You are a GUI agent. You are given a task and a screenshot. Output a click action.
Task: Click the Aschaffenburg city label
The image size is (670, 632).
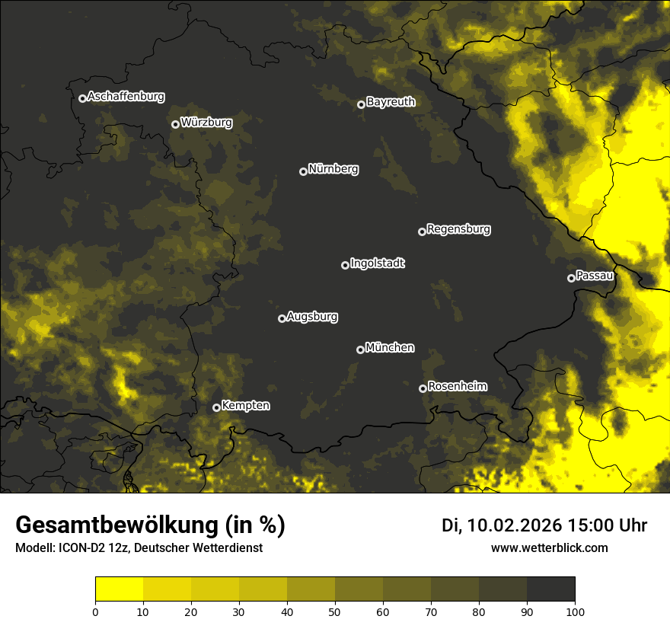coord(126,97)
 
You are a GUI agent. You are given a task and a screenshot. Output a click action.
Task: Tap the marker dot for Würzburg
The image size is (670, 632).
coord(175,124)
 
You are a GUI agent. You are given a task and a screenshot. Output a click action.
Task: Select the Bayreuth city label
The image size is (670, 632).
coord(391,102)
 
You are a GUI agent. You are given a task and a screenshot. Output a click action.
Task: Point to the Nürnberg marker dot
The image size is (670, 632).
coord(303,171)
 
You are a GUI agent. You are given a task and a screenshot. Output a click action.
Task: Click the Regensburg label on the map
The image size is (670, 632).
coord(458,229)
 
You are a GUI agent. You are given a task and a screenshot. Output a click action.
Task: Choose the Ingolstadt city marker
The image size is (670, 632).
coord(345,265)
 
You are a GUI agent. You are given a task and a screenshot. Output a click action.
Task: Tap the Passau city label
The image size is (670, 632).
coord(595,276)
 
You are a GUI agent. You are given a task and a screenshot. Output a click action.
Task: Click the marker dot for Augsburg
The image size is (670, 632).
coord(282,318)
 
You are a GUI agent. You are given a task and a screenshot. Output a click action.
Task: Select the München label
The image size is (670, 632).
coord(390,348)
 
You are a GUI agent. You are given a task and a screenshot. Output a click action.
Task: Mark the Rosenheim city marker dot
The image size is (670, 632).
coord(423,388)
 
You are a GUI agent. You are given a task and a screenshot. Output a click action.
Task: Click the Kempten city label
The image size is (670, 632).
coord(245,406)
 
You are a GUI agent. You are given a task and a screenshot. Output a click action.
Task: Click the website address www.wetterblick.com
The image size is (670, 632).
coord(549,547)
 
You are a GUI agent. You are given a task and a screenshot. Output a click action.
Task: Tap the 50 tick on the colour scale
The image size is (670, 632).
coord(335,611)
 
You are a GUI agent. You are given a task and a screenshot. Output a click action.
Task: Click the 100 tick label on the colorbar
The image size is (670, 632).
coord(575,611)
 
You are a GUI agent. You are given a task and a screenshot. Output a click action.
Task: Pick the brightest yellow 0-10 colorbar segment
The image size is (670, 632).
coord(119,589)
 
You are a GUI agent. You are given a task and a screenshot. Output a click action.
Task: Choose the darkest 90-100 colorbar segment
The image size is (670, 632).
coord(550,589)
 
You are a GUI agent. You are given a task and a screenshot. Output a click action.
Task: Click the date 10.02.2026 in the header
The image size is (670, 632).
coord(514,525)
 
